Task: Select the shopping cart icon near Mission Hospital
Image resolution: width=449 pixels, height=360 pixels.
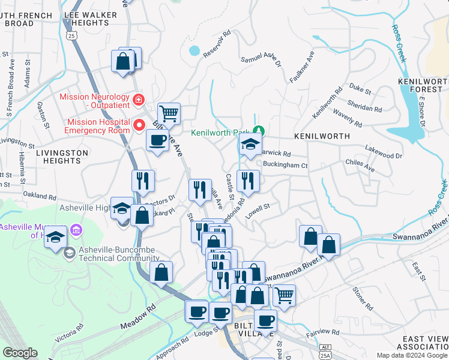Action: coord(169,113)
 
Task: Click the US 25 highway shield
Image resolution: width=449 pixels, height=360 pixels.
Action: coord(72,37)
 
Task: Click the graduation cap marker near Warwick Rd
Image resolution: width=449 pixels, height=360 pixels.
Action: coord(250,144)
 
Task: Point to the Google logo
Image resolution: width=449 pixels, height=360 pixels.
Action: coord(19,353)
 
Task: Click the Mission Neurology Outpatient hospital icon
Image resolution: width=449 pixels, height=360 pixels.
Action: coord(138,99)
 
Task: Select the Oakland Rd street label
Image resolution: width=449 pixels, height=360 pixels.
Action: coord(40,195)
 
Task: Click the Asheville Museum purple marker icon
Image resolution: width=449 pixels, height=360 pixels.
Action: coord(76,230)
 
